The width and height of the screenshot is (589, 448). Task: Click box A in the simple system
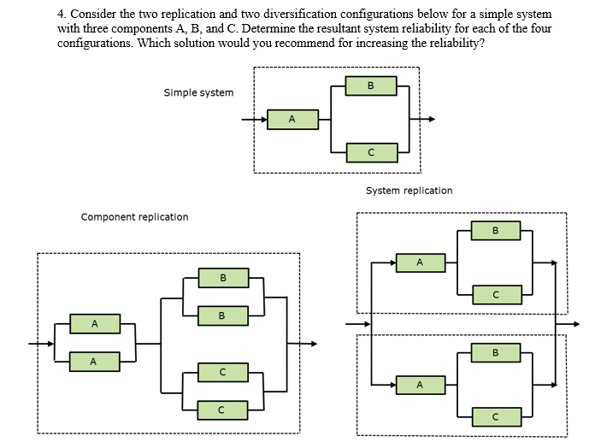[292, 119]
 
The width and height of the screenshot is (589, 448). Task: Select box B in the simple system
[370, 85]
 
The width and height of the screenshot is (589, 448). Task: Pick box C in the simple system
[370, 152]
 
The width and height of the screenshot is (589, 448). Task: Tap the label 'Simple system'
[198, 92]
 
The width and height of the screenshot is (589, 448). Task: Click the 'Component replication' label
[134, 217]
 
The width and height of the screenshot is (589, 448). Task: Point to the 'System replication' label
[409, 191]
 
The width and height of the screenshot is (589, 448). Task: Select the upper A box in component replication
[94, 324]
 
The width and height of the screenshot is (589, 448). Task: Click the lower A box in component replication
[94, 362]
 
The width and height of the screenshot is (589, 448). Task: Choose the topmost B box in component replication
[223, 278]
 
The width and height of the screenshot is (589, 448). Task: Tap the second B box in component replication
[223, 316]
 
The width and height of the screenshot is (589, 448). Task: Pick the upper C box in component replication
[223, 372]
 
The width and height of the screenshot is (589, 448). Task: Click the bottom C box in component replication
[223, 410]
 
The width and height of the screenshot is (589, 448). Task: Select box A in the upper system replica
[420, 262]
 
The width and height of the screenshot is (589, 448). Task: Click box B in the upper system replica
[495, 230]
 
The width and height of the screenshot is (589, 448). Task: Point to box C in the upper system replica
[495, 295]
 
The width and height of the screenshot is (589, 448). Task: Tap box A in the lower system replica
[420, 386]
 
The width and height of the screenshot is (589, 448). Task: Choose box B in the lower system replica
[495, 352]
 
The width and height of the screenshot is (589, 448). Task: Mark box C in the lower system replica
[495, 417]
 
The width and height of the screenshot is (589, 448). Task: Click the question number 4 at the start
[62, 15]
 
